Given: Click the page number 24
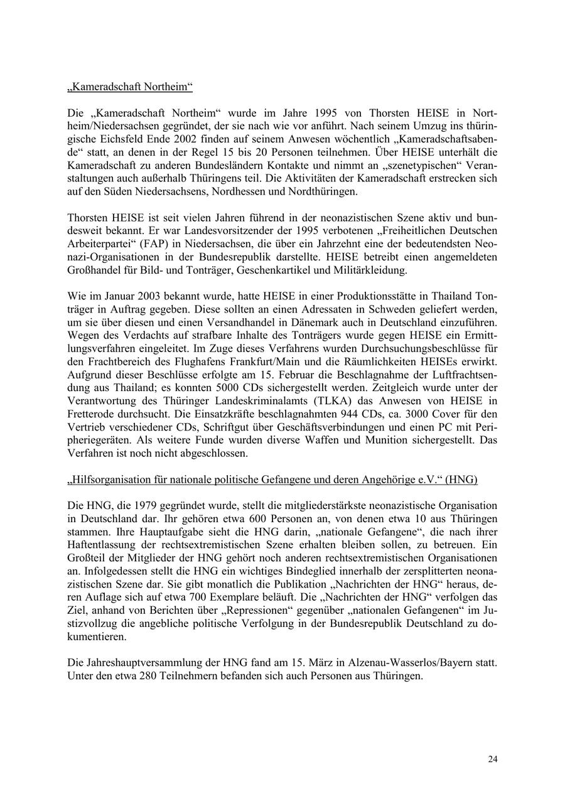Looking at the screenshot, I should click(x=493, y=759).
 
